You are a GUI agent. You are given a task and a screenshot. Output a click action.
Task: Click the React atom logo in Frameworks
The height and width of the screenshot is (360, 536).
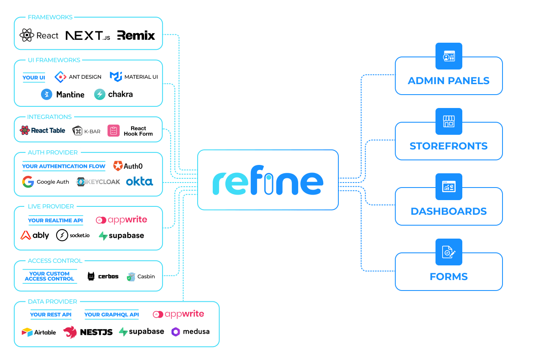pos(27,36)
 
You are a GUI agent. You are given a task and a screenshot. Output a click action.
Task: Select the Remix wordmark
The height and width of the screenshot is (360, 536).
pos(136,36)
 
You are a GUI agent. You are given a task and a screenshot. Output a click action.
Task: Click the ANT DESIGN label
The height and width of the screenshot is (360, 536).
pos(85,77)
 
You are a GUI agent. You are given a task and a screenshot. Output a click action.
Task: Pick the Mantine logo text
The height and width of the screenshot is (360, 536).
pos(70,95)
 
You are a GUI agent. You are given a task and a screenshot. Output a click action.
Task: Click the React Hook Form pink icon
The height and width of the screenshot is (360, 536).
pos(113,131)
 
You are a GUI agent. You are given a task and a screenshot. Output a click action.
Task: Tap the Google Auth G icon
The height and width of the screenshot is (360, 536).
pos(28,182)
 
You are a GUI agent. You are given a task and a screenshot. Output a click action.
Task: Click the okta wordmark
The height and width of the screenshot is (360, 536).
pos(139,182)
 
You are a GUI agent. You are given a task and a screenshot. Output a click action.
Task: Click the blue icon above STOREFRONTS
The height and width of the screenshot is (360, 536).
pos(448,121)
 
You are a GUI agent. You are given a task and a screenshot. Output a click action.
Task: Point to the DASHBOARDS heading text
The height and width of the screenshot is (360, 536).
pos(448,211)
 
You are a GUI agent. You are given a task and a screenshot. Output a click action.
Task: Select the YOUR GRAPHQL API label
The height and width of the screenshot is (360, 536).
pos(111,315)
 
